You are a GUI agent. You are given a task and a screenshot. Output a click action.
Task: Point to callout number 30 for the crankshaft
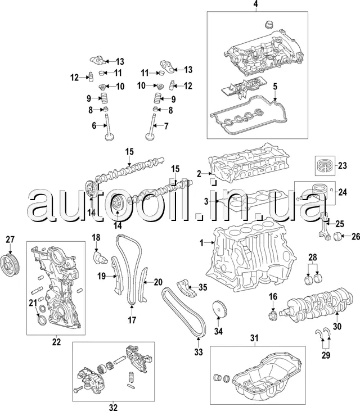[x=337, y=326]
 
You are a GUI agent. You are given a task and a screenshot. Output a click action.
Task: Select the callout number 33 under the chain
[x=198, y=353]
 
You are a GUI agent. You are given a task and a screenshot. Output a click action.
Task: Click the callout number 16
[x=272, y=296]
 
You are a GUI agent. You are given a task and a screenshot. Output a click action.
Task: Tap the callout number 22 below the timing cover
[x=56, y=342]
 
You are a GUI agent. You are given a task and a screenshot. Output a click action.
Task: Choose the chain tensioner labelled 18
[x=98, y=257]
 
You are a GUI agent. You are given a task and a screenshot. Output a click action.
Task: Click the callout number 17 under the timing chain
[x=132, y=321]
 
